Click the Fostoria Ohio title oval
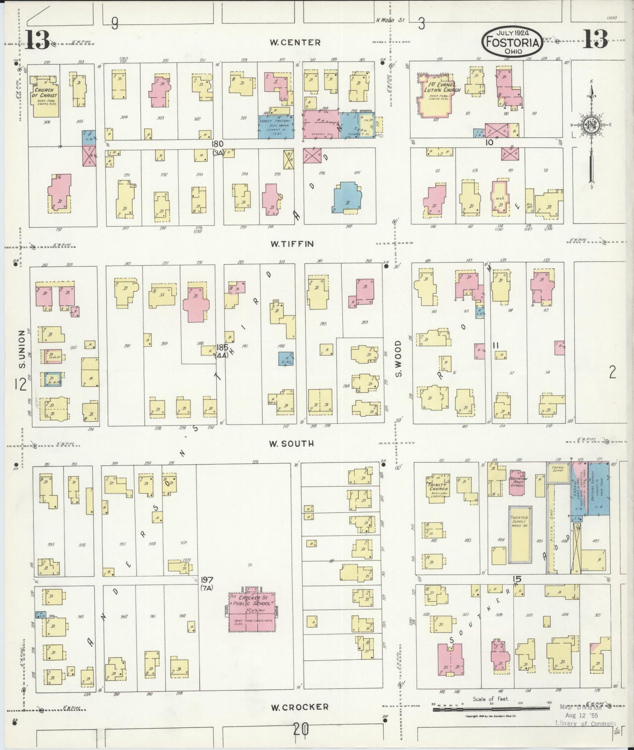[x=512, y=42]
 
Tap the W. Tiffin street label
[x=292, y=244]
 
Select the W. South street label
[x=292, y=443]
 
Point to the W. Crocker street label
[x=299, y=707]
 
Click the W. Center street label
[x=295, y=43]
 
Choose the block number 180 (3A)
[x=218, y=148]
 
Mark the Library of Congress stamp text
[x=585, y=724]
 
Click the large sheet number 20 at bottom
[x=301, y=730]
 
